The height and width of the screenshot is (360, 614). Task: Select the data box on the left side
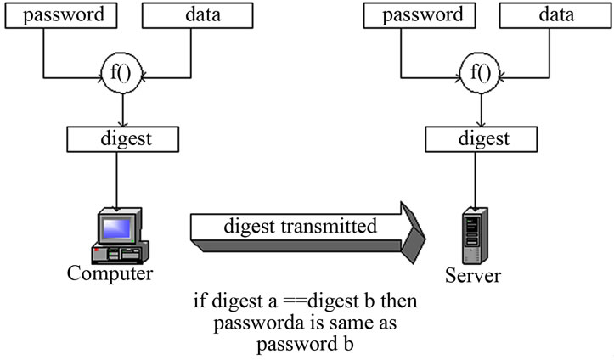point(196,15)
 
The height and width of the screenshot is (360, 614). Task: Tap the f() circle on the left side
point(125,74)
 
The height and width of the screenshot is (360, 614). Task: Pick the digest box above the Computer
point(123,138)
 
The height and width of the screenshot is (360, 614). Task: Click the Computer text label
point(111,273)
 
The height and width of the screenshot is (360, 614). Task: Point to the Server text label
point(473,276)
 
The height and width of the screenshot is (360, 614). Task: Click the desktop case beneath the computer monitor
point(123,253)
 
